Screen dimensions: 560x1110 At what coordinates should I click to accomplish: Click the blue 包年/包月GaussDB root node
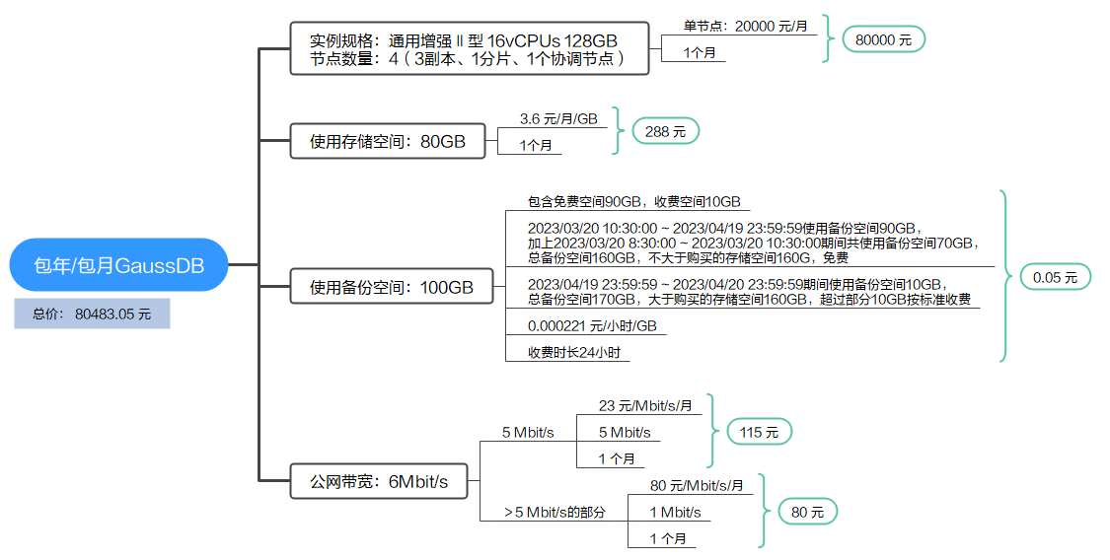click(x=118, y=264)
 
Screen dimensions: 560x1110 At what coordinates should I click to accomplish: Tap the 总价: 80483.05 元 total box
click(x=92, y=315)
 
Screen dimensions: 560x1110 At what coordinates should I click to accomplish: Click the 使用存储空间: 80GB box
click(x=388, y=141)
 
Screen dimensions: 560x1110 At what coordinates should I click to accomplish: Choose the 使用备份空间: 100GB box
click(x=392, y=288)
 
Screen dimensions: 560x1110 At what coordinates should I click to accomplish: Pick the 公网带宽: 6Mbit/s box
click(x=379, y=481)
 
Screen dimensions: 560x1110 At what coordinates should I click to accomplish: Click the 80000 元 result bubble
click(x=883, y=39)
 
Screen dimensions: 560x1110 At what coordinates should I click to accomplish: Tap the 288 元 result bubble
click(x=665, y=131)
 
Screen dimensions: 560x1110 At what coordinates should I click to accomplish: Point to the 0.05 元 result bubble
click(x=1055, y=277)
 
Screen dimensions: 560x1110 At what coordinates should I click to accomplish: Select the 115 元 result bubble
click(x=759, y=432)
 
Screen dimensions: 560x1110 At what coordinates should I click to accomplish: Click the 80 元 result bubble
click(x=807, y=512)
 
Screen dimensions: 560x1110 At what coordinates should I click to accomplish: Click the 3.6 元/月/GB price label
click(x=558, y=118)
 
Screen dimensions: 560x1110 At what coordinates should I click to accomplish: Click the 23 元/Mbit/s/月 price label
click(x=645, y=405)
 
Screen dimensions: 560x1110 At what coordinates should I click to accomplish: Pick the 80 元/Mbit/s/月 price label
click(x=697, y=485)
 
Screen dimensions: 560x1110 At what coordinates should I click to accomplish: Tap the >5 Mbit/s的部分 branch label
click(x=554, y=512)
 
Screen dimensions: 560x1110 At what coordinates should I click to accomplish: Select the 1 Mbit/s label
click(x=675, y=512)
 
